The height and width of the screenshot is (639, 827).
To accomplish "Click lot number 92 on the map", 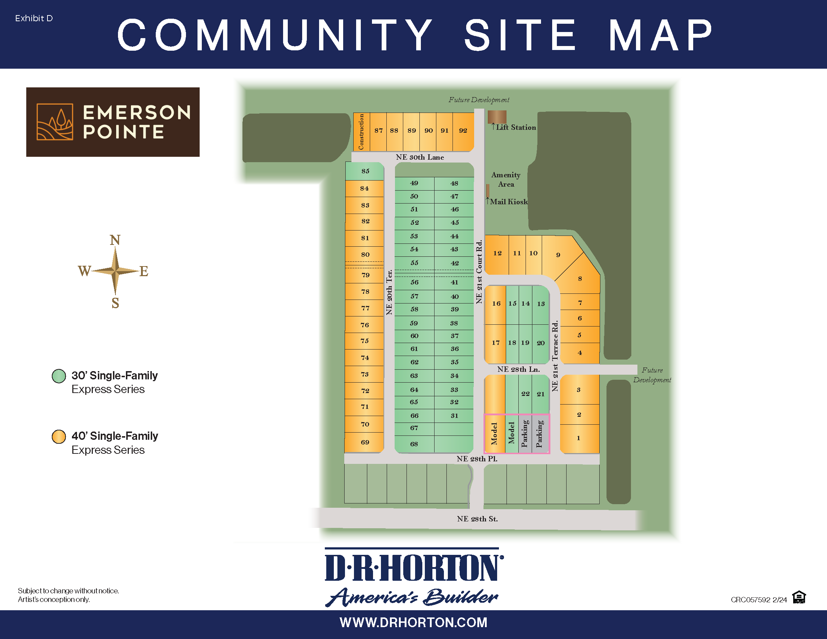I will [x=463, y=131].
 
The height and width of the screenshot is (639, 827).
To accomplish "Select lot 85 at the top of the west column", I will [x=365, y=171].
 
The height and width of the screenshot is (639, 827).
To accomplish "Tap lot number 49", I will [x=414, y=183].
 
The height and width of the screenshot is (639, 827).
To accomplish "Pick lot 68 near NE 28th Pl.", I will [x=414, y=444].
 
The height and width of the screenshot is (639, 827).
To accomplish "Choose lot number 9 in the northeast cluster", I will [x=558, y=255].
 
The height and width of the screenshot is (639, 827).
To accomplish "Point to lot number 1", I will [x=578, y=438].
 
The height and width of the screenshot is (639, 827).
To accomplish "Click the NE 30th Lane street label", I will [x=419, y=157].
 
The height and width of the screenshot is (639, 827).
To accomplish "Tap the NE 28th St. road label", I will [x=477, y=519].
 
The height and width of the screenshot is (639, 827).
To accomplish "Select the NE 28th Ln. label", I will [x=518, y=369].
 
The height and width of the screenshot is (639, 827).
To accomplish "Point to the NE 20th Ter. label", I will [x=389, y=292].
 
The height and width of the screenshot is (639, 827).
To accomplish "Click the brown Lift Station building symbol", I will [x=497, y=117].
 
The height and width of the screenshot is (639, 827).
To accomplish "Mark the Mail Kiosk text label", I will [x=509, y=202].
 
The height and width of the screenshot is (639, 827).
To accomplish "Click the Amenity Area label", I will [x=506, y=179].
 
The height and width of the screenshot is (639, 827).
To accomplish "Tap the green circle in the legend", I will [x=59, y=376].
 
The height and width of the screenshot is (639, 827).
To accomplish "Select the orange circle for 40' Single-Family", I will [x=59, y=437].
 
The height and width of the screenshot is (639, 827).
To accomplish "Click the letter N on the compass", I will [x=115, y=240].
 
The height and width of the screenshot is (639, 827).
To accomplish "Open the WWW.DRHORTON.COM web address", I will [x=413, y=623].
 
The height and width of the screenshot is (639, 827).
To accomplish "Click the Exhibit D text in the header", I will [x=34, y=18].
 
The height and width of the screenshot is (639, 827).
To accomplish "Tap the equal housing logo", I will [x=799, y=597].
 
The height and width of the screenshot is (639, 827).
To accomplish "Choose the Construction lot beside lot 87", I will [x=361, y=132].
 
